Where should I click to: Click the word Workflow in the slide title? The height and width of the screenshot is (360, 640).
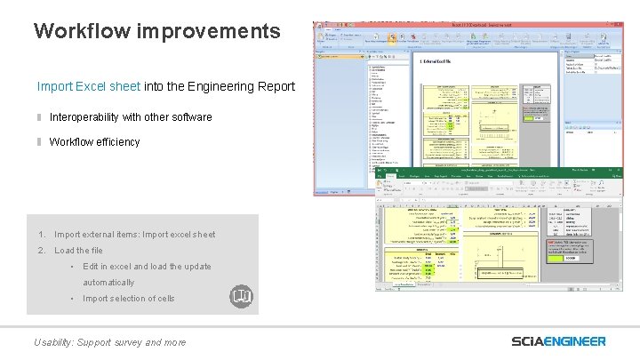(82, 31)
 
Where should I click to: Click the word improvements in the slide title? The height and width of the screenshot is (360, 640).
(208, 32)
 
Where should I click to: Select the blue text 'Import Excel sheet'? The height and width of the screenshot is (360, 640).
(88, 87)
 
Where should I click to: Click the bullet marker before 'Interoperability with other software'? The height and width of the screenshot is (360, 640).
(39, 117)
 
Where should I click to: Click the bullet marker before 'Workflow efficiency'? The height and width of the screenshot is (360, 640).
(39, 142)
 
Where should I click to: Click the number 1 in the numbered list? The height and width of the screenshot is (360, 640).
(42, 235)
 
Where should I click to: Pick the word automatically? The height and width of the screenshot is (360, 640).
(108, 283)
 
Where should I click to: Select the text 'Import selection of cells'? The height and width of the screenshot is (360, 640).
(129, 299)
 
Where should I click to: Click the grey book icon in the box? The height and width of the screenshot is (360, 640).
(241, 296)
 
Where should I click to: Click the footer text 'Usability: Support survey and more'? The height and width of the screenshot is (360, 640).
(109, 342)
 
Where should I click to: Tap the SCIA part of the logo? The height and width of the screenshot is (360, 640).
(532, 341)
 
